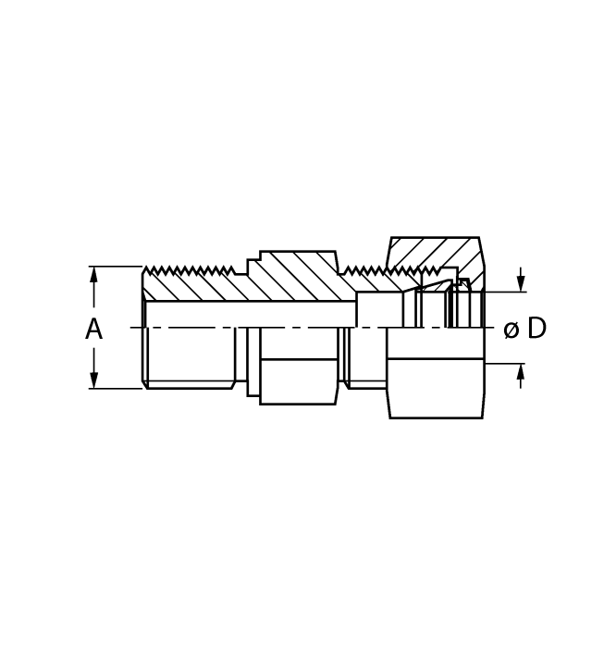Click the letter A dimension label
93,329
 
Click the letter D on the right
536,329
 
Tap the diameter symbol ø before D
511,330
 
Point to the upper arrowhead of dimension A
93,275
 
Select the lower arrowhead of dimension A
93,380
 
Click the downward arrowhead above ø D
521,283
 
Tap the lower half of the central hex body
298,380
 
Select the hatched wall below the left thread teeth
190,288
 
